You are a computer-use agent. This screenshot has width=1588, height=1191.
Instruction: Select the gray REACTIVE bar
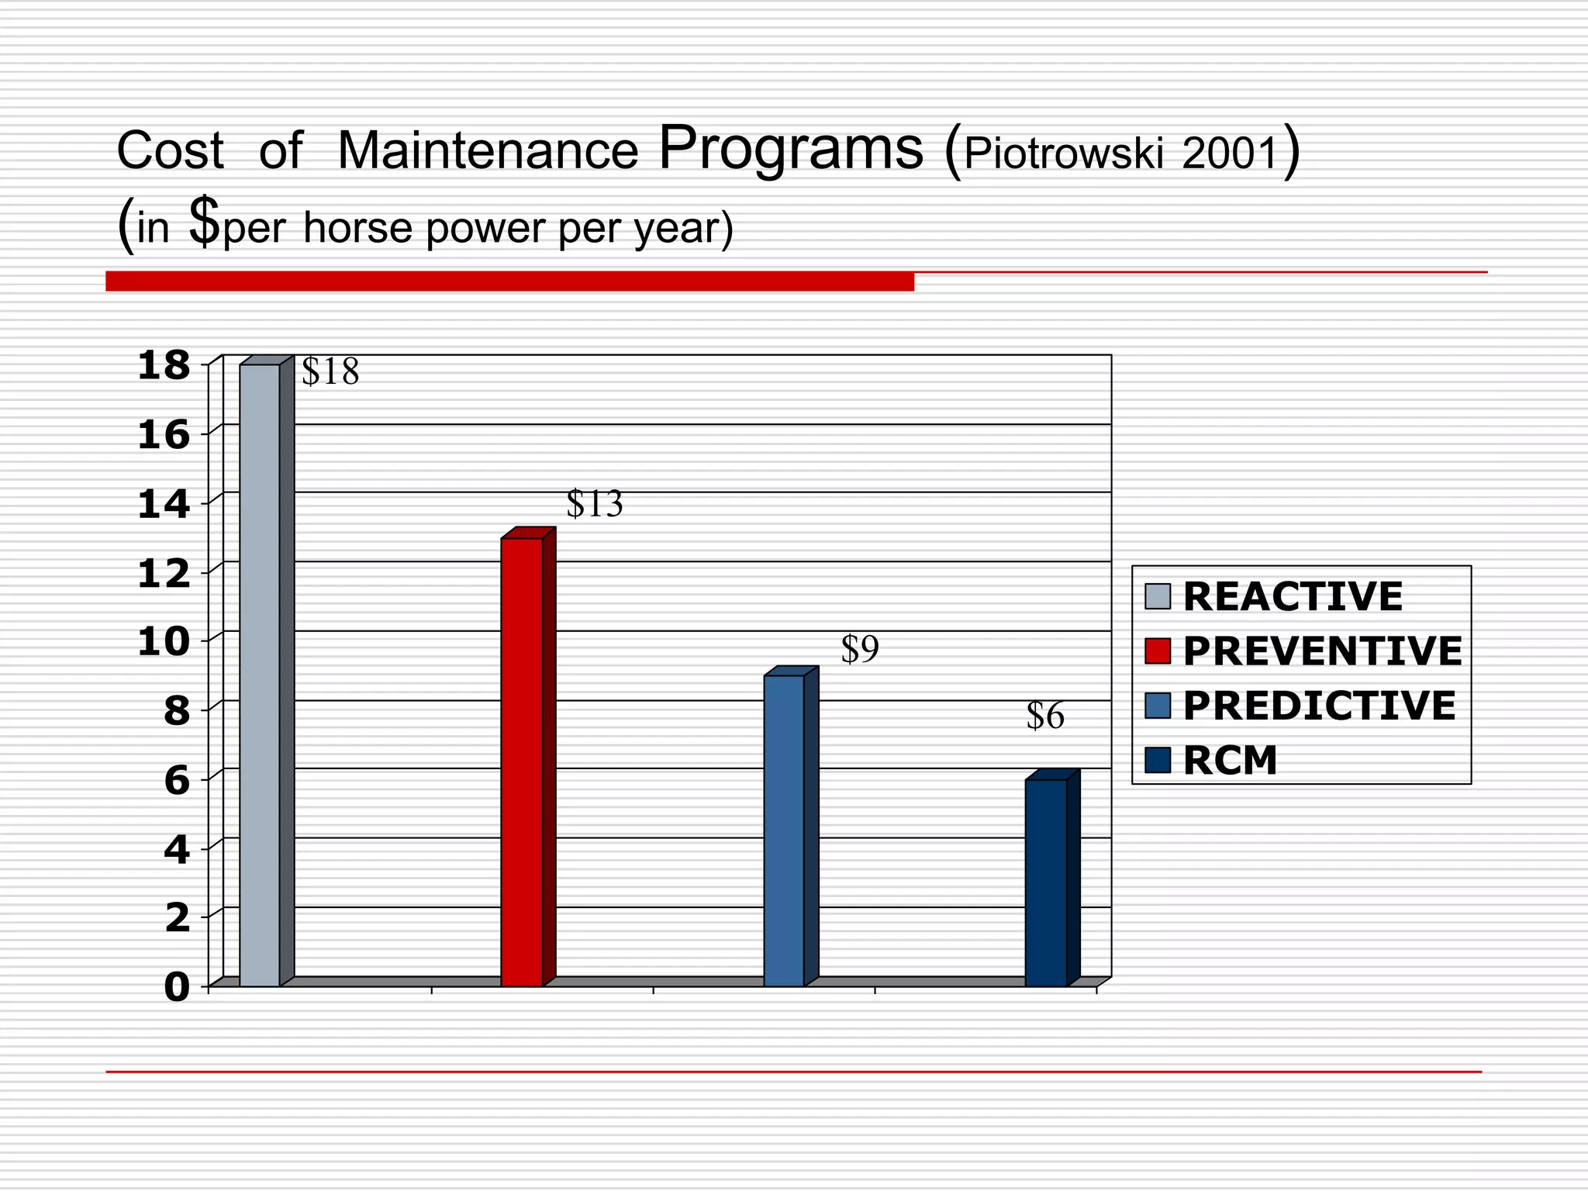(x=260, y=675)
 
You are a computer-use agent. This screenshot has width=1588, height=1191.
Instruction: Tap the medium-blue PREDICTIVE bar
(x=784, y=830)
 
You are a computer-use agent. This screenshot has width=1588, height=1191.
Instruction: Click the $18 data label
(x=330, y=372)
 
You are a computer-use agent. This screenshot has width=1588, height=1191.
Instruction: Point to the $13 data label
(x=595, y=505)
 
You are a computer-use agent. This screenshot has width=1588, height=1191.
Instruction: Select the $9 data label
(x=860, y=650)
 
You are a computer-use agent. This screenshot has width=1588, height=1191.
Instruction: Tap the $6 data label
(x=1045, y=716)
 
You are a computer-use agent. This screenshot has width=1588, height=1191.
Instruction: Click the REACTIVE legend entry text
(x=1293, y=597)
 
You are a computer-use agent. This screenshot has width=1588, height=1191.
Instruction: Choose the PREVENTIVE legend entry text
(x=1322, y=651)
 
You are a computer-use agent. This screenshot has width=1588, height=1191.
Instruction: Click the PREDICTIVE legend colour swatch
(x=1158, y=706)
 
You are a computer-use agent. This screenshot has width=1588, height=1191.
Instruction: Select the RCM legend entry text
(x=1230, y=761)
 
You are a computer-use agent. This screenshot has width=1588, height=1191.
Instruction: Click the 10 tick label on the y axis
(x=164, y=642)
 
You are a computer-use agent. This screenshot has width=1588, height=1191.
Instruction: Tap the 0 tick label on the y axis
(x=177, y=988)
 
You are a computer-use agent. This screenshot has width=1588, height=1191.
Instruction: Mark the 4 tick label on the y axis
(x=177, y=851)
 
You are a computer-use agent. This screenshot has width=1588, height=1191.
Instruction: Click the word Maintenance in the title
(x=488, y=150)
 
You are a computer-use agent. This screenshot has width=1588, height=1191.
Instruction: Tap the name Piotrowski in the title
(x=1064, y=154)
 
